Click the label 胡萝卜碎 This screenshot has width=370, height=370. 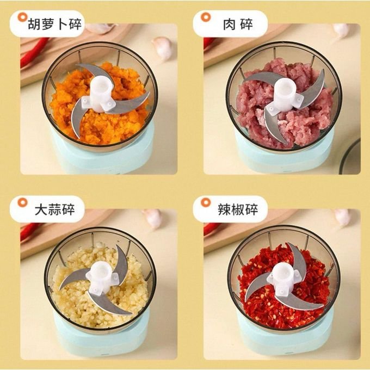coord(54,24)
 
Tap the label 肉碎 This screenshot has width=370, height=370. coord(238,24)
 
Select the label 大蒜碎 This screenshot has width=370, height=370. coord(54,209)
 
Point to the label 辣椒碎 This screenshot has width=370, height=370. coord(238,209)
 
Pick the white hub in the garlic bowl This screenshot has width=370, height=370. coord(100,277)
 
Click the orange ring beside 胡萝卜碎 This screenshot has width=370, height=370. coord(23,17)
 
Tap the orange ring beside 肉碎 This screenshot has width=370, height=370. coord(206,17)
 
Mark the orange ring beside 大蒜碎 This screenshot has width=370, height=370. coord(23,202)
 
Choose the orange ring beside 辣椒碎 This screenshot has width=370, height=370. coord(206,202)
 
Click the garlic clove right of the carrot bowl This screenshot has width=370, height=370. coord(163,48)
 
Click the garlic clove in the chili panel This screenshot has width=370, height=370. coord(342,217)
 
